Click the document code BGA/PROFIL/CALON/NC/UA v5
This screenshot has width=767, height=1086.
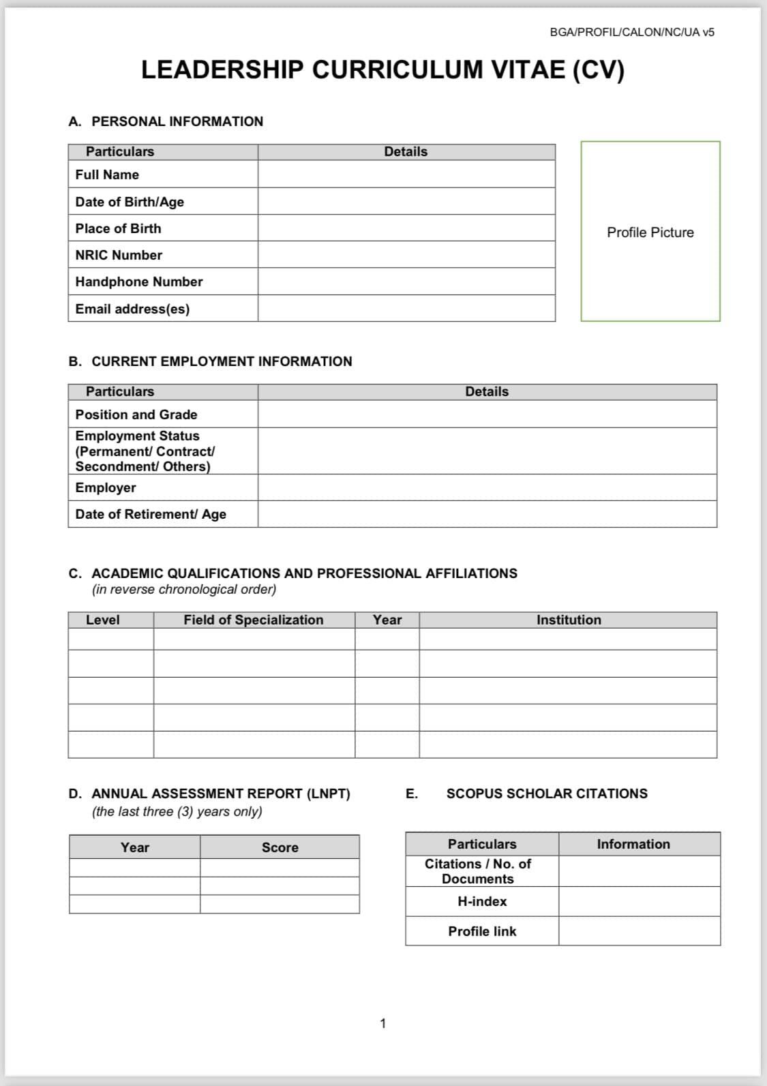point(632,32)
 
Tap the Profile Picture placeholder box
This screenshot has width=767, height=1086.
point(650,232)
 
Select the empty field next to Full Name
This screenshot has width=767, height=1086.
point(406,175)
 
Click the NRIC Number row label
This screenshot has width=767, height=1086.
point(119,255)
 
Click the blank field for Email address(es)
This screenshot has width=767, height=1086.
point(406,309)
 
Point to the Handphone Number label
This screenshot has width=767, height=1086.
point(139,282)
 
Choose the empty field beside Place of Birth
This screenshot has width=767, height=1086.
point(406,228)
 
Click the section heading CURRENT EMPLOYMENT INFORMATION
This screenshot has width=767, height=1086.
point(222,361)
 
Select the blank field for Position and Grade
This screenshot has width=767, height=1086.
point(487,414)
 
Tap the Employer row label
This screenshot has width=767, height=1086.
point(106,487)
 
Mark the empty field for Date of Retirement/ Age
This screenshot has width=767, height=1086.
point(487,514)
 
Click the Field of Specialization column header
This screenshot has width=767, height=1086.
point(254,620)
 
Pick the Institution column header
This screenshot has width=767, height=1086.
point(569,620)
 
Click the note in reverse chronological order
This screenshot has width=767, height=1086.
point(184,590)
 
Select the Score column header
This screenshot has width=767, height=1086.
point(280,847)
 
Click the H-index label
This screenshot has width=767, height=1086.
point(482,901)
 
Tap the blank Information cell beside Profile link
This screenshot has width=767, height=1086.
point(639,931)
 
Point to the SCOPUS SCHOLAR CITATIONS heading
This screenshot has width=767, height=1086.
point(547,794)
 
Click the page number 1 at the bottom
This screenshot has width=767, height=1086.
point(383,1023)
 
